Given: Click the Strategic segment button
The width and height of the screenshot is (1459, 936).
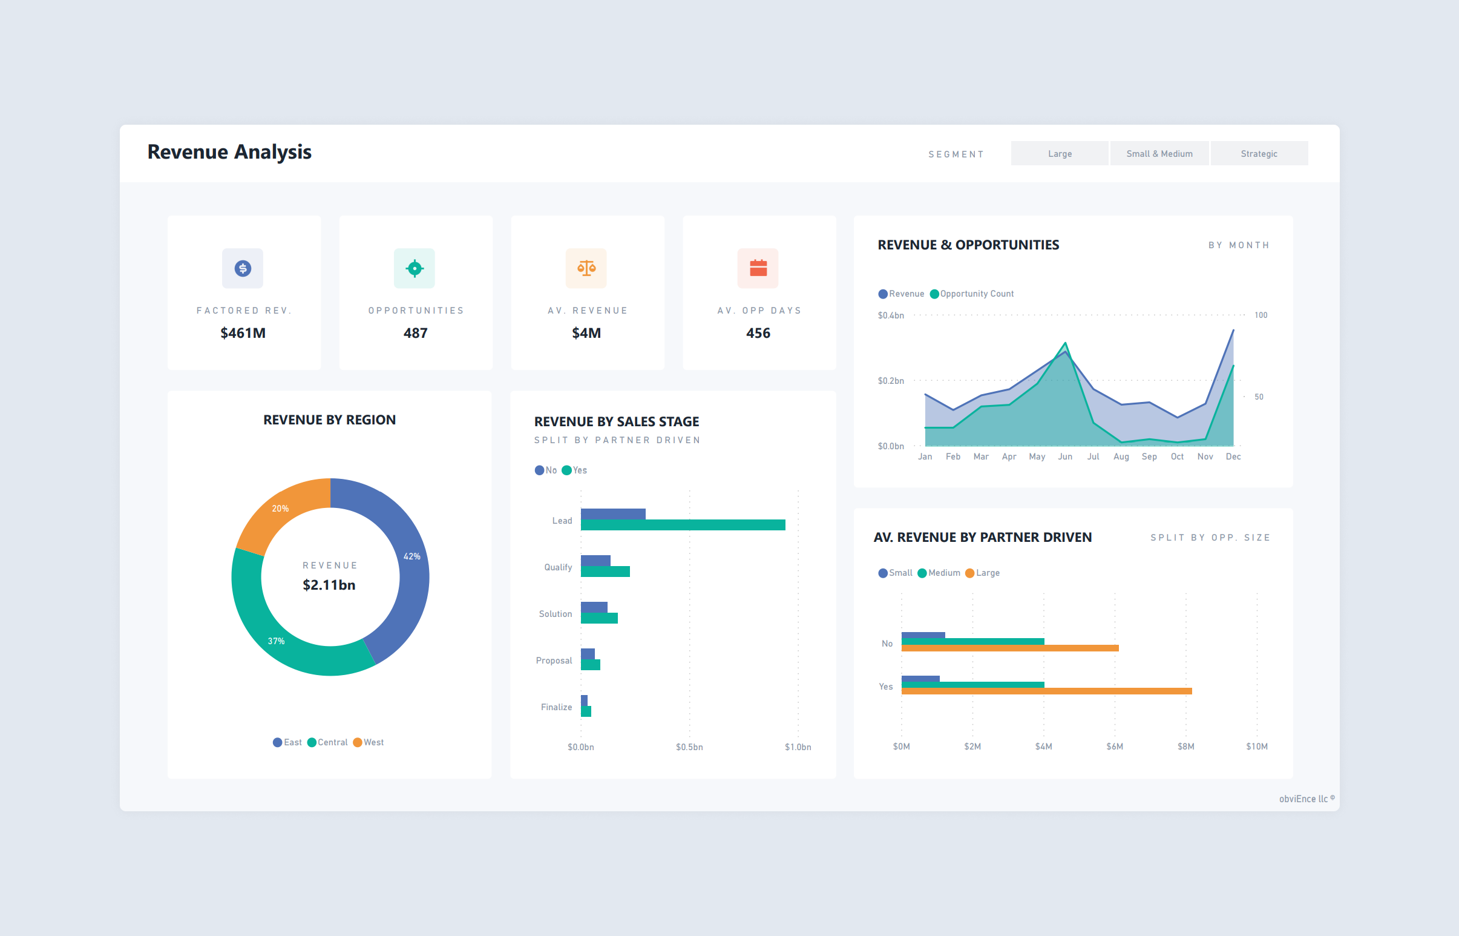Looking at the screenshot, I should click(x=1259, y=154).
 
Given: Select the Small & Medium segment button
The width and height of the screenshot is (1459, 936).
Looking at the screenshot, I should click(x=1159, y=154).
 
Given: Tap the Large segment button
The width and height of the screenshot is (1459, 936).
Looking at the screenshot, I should click(x=1060, y=154).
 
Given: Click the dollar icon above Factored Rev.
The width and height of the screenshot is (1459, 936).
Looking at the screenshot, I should click(x=242, y=268).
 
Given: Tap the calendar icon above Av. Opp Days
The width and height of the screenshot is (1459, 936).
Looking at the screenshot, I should click(x=758, y=268).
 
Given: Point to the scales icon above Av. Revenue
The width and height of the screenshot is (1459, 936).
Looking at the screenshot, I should click(x=586, y=268).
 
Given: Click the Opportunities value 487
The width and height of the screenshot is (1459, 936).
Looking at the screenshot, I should click(x=416, y=333).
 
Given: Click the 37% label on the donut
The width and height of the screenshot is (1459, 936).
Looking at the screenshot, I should click(x=277, y=641).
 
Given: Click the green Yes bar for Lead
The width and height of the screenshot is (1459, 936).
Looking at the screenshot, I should click(x=683, y=525).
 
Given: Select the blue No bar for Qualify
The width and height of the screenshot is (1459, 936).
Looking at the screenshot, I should click(x=595, y=561).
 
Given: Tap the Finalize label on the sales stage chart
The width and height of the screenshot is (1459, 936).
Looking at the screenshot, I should click(x=556, y=707).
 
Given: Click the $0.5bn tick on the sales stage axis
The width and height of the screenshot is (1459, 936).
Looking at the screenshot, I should click(x=689, y=747).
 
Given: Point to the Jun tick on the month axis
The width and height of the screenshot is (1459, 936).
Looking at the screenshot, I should click(x=1065, y=456).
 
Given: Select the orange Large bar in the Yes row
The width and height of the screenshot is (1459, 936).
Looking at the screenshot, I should click(x=1046, y=691).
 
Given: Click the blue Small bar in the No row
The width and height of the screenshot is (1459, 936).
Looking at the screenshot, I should click(x=923, y=635).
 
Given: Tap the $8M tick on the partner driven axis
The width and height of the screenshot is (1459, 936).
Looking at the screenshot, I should click(x=1185, y=746).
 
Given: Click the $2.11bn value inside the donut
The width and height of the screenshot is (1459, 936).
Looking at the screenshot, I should click(x=329, y=585).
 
